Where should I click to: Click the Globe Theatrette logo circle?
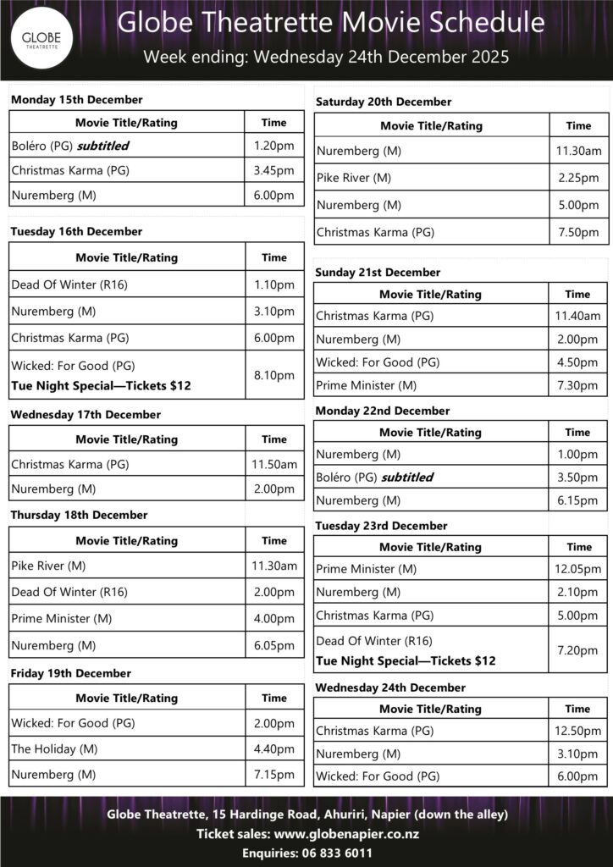41,40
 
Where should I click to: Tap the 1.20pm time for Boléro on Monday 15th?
274,146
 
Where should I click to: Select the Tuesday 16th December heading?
76,231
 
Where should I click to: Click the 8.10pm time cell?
274,375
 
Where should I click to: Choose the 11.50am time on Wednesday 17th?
274,464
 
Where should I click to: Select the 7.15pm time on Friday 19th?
274,774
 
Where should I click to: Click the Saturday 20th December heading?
384,102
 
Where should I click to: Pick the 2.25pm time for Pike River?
578,179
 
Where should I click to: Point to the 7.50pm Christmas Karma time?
578,232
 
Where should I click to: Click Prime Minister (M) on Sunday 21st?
366,385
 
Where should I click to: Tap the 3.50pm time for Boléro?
578,477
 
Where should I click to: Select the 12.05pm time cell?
579,569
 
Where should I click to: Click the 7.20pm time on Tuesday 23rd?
579,650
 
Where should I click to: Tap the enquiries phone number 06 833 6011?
334,853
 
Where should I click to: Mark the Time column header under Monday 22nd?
578,433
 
